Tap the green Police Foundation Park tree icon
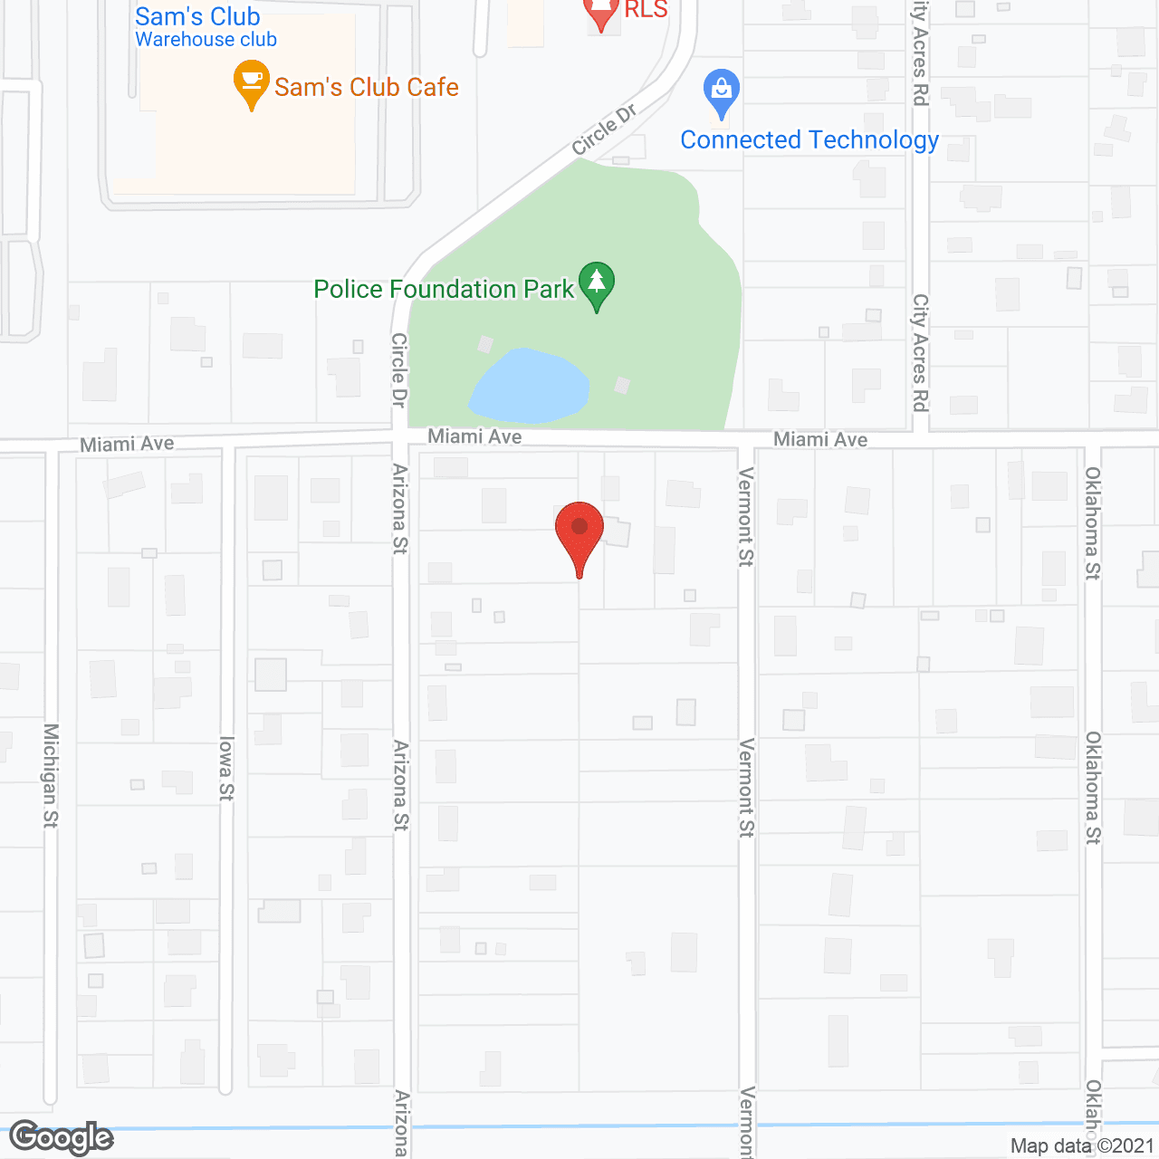(x=597, y=283)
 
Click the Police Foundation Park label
(x=444, y=290)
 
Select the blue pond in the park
(x=529, y=387)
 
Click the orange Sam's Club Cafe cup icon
(x=252, y=84)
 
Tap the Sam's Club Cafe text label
(x=367, y=88)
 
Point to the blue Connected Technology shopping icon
(x=722, y=92)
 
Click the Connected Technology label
(x=809, y=140)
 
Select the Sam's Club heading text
(x=197, y=16)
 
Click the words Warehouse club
(x=206, y=40)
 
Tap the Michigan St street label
(x=51, y=775)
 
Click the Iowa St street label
(x=225, y=769)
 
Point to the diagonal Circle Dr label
(x=604, y=129)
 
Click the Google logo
(x=62, y=1137)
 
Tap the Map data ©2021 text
(x=1082, y=1146)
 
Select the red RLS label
(x=646, y=10)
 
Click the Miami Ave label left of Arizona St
(x=127, y=445)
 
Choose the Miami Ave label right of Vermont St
(x=820, y=440)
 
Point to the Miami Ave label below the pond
(x=474, y=437)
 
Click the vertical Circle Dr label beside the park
(x=398, y=370)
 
